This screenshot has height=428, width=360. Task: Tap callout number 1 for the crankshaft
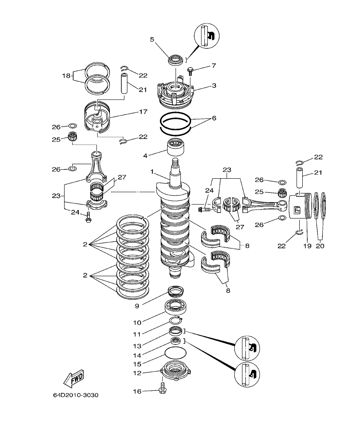tap(152, 171)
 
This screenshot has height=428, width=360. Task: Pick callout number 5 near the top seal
tap(152, 39)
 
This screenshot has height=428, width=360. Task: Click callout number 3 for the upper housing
tap(214, 86)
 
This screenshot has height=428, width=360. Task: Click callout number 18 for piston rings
tap(66, 75)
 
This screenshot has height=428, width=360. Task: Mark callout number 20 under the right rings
tap(321, 246)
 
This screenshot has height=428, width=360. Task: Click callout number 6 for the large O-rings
tap(214, 118)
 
